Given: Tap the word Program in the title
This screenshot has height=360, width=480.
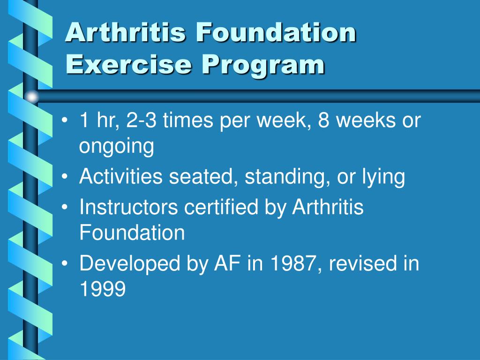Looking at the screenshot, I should (263, 65).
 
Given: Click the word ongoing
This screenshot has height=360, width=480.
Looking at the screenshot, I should (116, 147).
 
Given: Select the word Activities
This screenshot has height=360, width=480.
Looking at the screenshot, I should (121, 177).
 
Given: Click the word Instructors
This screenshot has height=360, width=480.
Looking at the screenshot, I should (129, 207).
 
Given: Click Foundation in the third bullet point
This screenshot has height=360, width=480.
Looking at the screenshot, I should (132, 232).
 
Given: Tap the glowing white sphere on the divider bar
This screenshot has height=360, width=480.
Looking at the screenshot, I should (31, 97).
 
